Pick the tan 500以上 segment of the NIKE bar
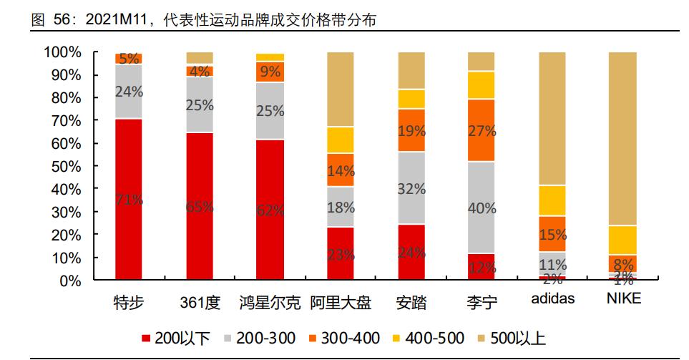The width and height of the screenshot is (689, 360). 622,136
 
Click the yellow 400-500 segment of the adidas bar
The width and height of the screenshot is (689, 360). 552,200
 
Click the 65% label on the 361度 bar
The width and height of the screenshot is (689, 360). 200,207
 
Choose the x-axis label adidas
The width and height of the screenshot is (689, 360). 552,299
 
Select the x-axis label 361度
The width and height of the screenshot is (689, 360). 200,302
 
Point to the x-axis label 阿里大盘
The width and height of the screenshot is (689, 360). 341,302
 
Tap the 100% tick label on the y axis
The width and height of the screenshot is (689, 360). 62,52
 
